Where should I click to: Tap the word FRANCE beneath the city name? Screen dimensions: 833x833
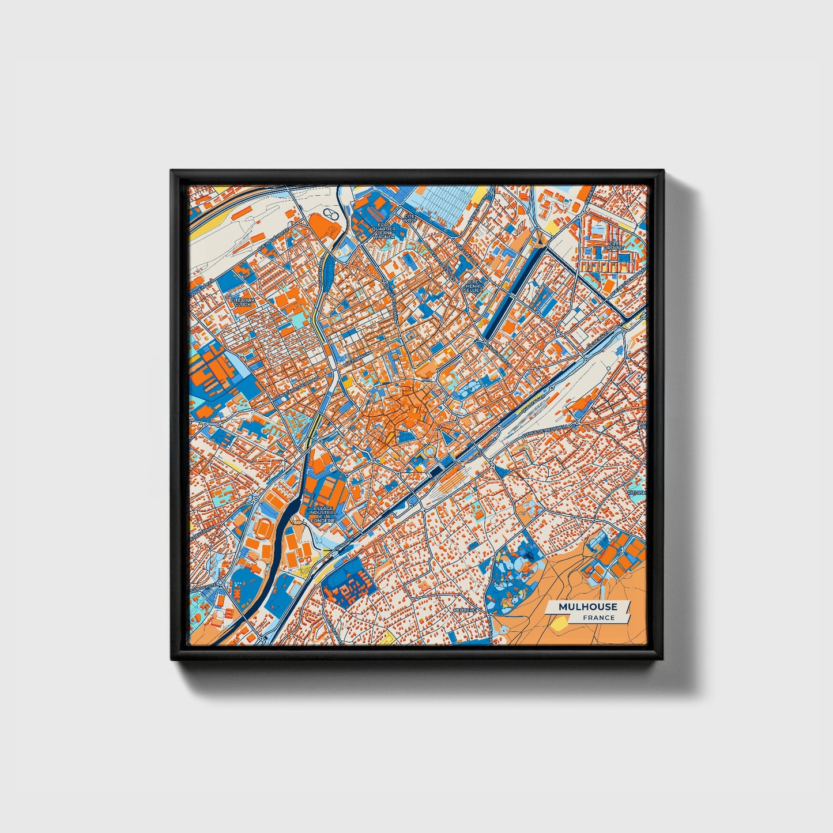(x=598, y=617)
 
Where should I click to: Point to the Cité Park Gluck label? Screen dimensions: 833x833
(x=243, y=301)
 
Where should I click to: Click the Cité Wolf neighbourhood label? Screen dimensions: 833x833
(x=409, y=220)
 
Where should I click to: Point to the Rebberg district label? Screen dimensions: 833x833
(x=465, y=609)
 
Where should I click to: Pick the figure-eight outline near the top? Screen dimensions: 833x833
(x=330, y=214)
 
